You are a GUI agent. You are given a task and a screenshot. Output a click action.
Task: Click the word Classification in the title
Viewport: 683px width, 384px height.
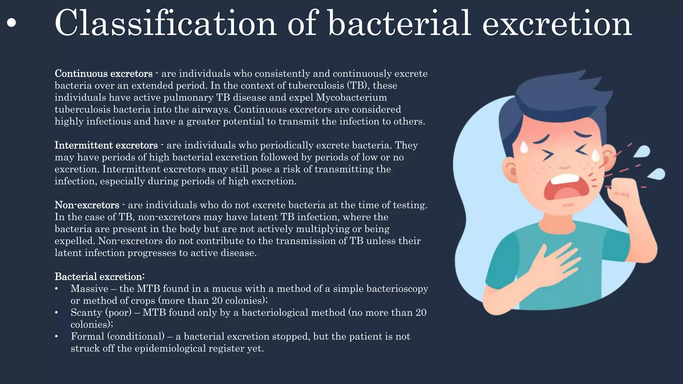pyautogui.click(x=165, y=23)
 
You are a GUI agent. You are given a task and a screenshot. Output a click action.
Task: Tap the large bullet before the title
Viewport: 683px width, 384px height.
pyautogui.click(x=11, y=23)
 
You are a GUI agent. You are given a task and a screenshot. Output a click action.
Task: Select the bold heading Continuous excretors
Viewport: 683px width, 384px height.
pyautogui.click(x=103, y=73)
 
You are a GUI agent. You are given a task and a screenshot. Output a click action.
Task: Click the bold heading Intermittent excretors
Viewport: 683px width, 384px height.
pyautogui.click(x=106, y=145)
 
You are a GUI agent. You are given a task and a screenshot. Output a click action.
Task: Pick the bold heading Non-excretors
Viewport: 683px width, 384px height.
pyautogui.click(x=87, y=205)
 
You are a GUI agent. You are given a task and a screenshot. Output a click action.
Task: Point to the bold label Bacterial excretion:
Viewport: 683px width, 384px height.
pyautogui.click(x=99, y=277)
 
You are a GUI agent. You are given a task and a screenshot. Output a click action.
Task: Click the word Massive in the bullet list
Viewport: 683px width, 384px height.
pyautogui.click(x=89, y=289)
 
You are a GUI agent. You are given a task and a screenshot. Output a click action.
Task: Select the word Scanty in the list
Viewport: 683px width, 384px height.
pyautogui.click(x=86, y=313)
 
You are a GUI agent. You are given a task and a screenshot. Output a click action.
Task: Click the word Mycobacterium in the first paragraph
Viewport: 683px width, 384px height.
pyautogui.click(x=352, y=97)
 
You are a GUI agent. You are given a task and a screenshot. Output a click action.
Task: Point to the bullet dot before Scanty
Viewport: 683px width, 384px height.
pyautogui.click(x=57, y=313)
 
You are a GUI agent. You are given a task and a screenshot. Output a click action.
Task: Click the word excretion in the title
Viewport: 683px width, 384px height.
pyautogui.click(x=557, y=23)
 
